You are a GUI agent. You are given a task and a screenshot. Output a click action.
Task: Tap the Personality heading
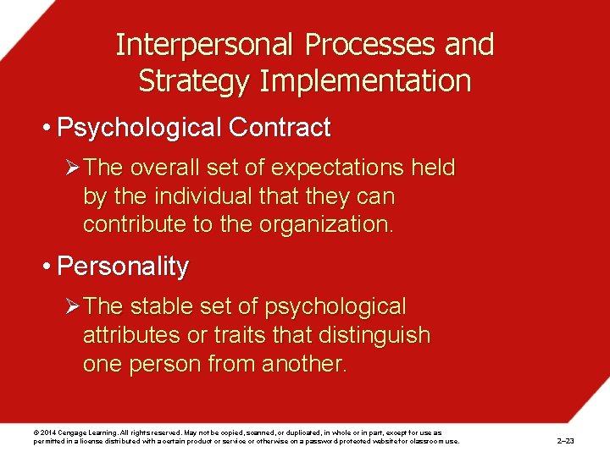click(122, 267)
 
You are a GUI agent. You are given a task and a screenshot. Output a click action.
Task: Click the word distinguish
click(374, 335)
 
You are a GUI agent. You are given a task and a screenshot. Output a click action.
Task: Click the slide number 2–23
click(565, 441)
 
